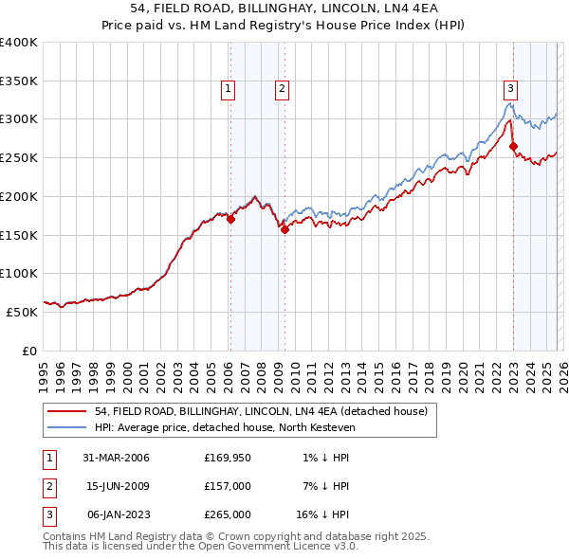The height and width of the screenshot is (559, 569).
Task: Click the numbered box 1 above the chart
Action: [x=229, y=90]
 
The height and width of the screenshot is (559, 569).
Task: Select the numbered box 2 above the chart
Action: [x=283, y=90]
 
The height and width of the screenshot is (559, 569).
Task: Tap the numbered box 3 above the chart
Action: [x=510, y=90]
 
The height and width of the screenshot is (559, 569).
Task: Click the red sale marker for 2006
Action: [x=230, y=219]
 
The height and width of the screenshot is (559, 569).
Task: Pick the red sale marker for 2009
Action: [x=284, y=228]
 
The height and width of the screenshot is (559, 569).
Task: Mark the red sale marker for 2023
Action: [x=513, y=146]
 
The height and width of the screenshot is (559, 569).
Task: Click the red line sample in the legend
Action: [x=65, y=411]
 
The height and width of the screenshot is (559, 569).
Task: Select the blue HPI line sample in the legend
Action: [x=65, y=427]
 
